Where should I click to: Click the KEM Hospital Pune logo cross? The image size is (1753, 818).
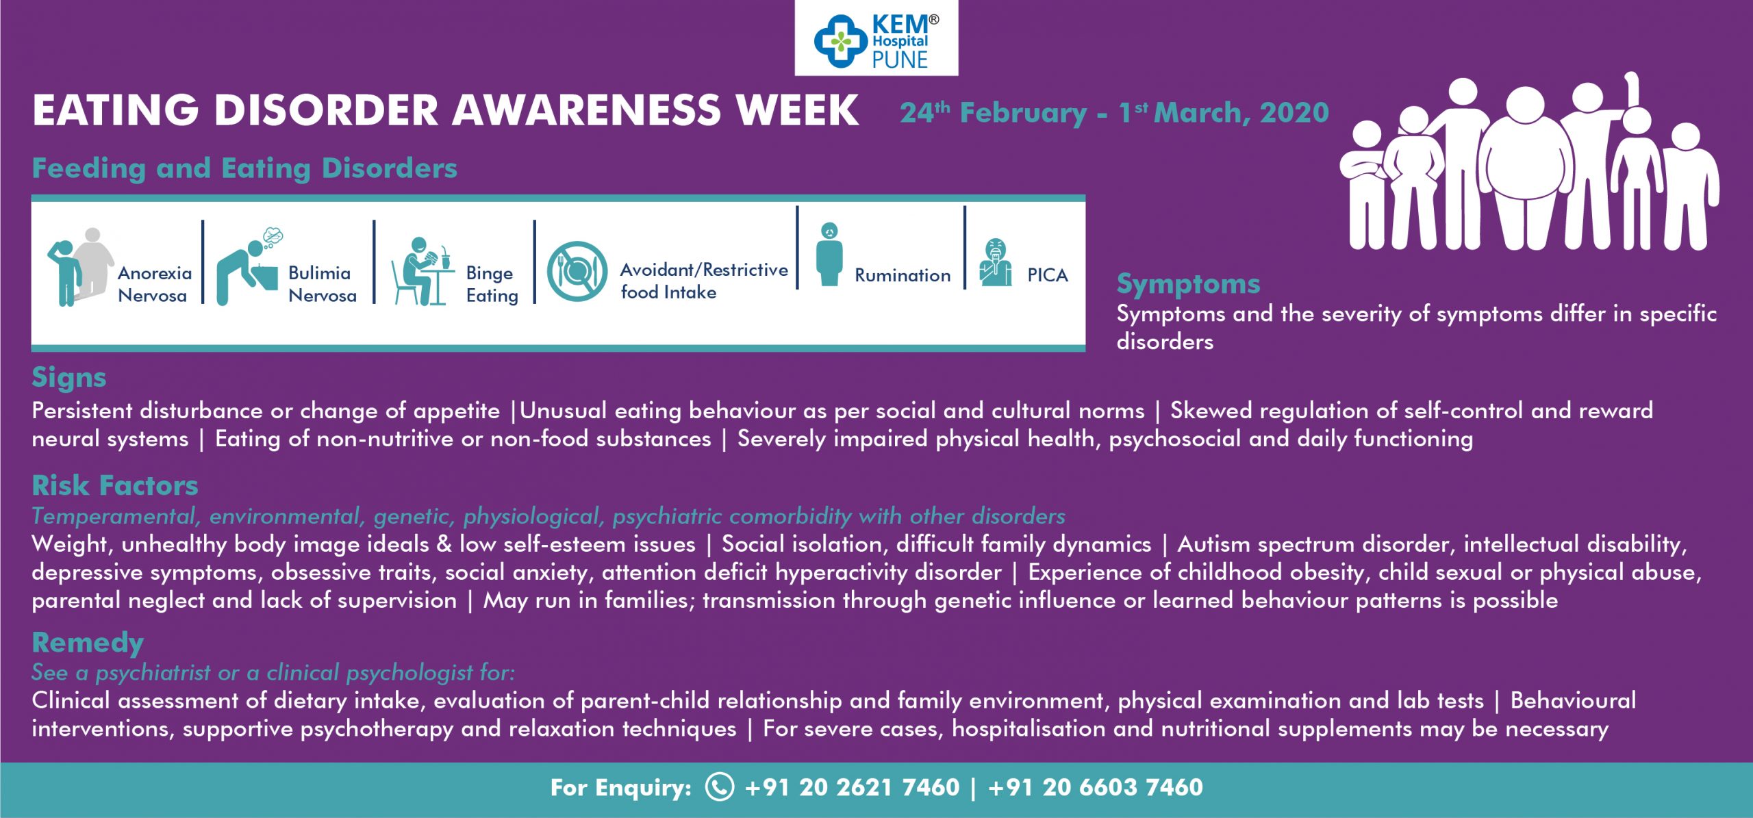point(840,41)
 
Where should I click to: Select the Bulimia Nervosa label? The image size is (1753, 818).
point(322,284)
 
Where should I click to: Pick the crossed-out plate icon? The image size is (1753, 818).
point(577,271)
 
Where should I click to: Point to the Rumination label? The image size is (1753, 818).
point(903,275)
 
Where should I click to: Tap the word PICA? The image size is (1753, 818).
point(1047,275)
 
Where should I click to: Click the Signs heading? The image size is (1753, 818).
point(69,378)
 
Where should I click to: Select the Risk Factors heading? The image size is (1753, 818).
point(115,486)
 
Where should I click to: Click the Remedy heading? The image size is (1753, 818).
point(88,643)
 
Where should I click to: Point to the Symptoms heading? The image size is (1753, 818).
point(1188,284)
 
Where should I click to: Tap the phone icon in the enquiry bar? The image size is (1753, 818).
point(720,787)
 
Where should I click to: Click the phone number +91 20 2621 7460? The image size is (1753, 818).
point(852,788)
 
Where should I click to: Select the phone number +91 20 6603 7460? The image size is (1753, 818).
point(1096,788)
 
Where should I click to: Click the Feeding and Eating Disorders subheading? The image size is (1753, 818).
point(244,168)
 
